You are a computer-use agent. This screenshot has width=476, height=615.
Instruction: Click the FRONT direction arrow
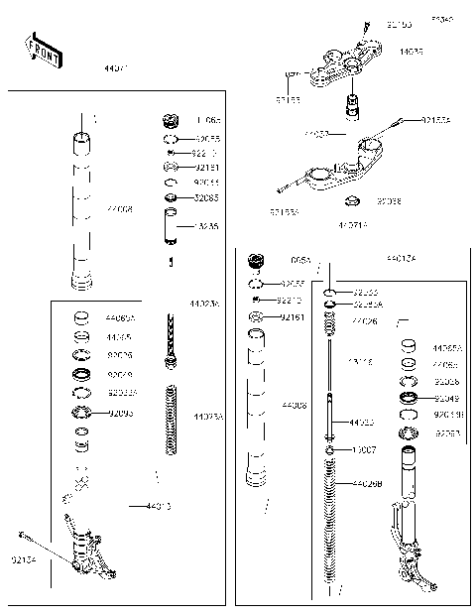43,51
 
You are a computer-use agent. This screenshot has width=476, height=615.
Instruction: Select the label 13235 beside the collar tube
206,226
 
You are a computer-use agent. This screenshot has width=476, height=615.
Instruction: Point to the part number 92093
120,412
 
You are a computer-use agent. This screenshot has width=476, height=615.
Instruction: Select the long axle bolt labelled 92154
55,551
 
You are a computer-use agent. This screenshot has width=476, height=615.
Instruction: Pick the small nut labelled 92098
350,203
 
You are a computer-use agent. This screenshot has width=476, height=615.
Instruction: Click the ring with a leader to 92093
81,413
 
